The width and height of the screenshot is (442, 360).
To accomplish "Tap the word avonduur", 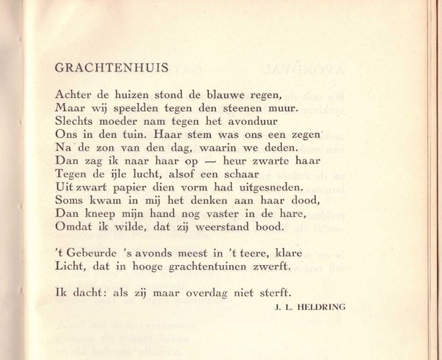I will pos(253,120).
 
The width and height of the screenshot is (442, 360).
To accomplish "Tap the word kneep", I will pos(97,212).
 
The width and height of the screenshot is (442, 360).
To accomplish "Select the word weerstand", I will pos(231,226).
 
